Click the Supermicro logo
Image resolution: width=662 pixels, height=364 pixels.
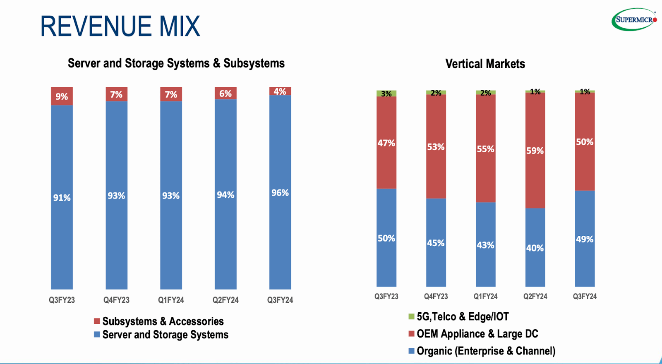[x=634, y=19]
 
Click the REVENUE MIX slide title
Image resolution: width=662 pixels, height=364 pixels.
[x=120, y=26]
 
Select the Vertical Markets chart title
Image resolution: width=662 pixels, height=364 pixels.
[x=485, y=64]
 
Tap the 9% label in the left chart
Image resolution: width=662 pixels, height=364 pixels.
[x=62, y=96]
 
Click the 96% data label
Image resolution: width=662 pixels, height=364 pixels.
[x=280, y=193]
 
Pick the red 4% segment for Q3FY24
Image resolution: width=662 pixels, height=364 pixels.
[x=280, y=91]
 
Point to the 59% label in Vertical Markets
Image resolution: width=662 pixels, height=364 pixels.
[x=535, y=151]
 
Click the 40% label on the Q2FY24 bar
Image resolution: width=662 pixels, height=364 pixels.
[x=535, y=248]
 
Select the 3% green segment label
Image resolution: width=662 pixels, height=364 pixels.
[x=386, y=94]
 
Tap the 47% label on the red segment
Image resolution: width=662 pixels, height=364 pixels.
[x=386, y=143]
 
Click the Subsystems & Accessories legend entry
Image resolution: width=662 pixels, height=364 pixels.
[x=163, y=321]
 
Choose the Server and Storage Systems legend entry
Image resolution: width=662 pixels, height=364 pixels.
[x=165, y=335]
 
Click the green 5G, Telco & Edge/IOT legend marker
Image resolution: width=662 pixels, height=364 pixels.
[x=411, y=316]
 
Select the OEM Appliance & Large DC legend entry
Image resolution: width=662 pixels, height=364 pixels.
[x=477, y=334]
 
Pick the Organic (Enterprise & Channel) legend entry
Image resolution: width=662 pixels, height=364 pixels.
[x=486, y=351]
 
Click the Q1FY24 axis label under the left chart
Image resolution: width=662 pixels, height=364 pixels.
[x=171, y=300]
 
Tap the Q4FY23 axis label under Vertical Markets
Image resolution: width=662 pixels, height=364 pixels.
[x=436, y=296]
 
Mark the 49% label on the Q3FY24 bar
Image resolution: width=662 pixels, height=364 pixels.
[x=585, y=239]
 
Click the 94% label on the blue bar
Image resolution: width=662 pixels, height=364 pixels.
[x=225, y=195]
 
